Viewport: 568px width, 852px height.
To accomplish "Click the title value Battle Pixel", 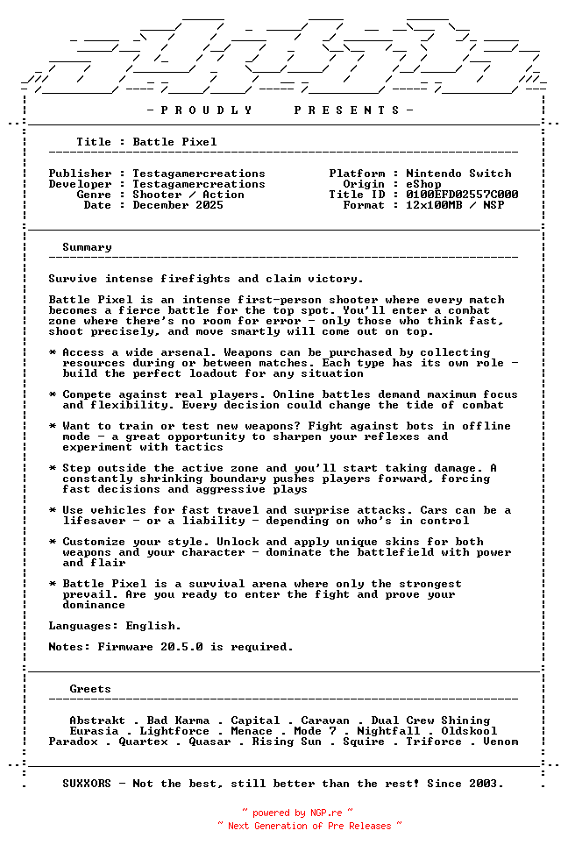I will [x=174, y=142].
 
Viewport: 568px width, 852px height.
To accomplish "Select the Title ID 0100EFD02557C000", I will [x=462, y=195].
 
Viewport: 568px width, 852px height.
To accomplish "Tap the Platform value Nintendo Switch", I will [x=458, y=174].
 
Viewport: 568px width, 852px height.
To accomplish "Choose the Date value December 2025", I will [x=178, y=205].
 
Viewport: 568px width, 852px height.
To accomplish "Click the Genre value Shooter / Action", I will [x=188, y=195].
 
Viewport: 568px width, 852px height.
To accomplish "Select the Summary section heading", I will [x=87, y=247].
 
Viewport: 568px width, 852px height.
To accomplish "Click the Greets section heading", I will [x=90, y=689].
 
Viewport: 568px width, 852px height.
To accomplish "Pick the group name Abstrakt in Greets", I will [x=97, y=721].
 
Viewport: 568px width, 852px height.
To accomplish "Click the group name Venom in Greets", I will [x=501, y=742].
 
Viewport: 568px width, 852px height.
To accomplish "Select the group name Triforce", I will [x=434, y=742].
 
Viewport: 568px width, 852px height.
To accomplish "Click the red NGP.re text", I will [x=325, y=813].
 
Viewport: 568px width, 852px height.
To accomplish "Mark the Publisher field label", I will [x=80, y=174].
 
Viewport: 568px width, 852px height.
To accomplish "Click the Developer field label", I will [x=80, y=184].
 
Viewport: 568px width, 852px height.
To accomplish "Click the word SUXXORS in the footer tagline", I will [x=87, y=784].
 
